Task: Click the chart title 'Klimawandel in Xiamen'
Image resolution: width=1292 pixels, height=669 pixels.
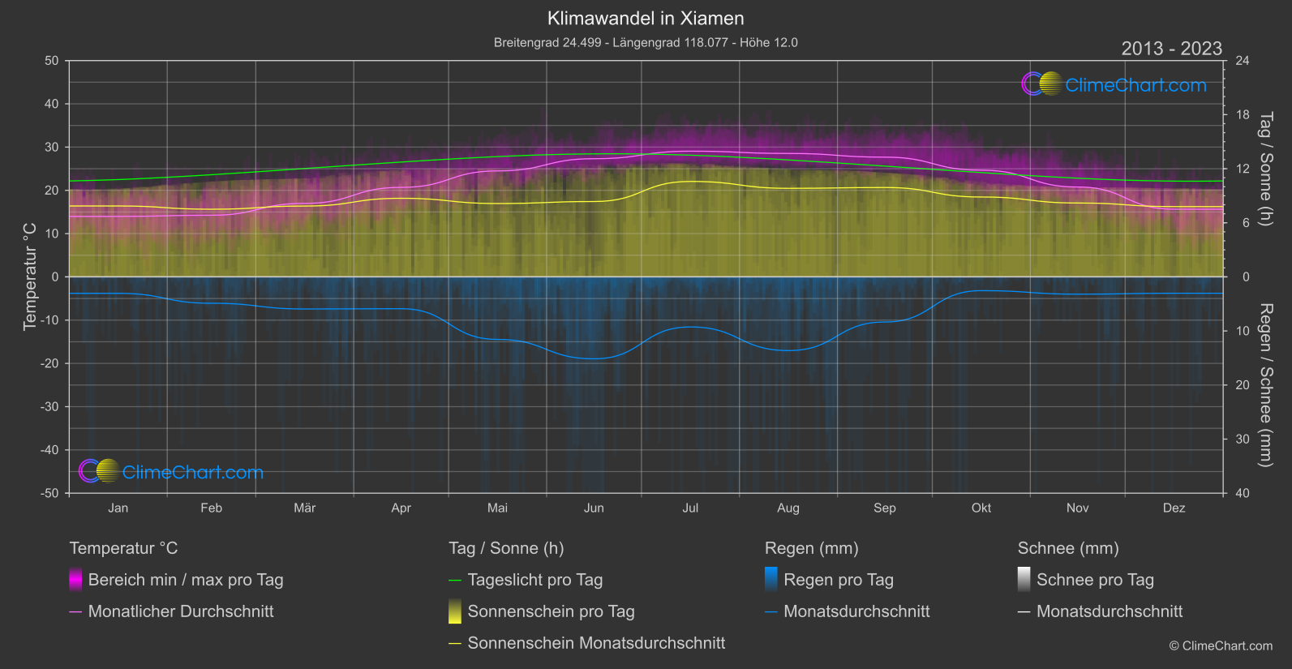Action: click(x=646, y=19)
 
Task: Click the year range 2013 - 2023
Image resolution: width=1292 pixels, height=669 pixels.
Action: click(x=1171, y=49)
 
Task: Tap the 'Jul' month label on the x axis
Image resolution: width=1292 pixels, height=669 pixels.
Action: click(x=690, y=508)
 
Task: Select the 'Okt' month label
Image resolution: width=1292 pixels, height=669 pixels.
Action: click(x=981, y=508)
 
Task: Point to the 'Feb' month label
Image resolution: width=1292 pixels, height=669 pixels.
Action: click(x=211, y=508)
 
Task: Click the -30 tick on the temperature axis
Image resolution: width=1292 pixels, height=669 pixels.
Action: click(x=49, y=407)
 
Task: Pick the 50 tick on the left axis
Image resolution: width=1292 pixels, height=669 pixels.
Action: click(x=52, y=61)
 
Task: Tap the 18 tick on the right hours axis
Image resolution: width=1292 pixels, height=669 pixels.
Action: click(x=1243, y=115)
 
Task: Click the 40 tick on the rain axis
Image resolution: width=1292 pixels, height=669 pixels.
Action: click(x=1243, y=493)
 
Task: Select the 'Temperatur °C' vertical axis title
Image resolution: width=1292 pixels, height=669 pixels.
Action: click(x=30, y=277)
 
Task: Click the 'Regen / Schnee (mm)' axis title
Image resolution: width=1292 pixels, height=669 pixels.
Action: click(x=1265, y=385)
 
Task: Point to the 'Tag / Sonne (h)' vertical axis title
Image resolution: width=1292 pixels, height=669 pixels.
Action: click(x=1265, y=169)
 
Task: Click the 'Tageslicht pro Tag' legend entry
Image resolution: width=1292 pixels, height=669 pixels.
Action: click(x=534, y=580)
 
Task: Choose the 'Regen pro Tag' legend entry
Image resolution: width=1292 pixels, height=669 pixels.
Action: click(x=838, y=580)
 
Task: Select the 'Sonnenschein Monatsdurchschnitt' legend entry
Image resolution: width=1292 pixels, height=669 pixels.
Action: click(x=596, y=643)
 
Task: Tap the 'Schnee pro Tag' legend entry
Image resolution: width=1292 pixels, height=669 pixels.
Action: click(x=1094, y=580)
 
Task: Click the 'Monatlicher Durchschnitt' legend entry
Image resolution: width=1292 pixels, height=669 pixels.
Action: click(x=180, y=611)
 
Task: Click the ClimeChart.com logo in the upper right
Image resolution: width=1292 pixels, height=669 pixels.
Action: click(x=1114, y=84)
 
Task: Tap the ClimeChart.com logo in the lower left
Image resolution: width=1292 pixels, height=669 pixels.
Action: click(x=171, y=472)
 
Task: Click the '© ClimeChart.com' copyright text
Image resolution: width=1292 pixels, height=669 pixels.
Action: click(x=1221, y=646)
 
